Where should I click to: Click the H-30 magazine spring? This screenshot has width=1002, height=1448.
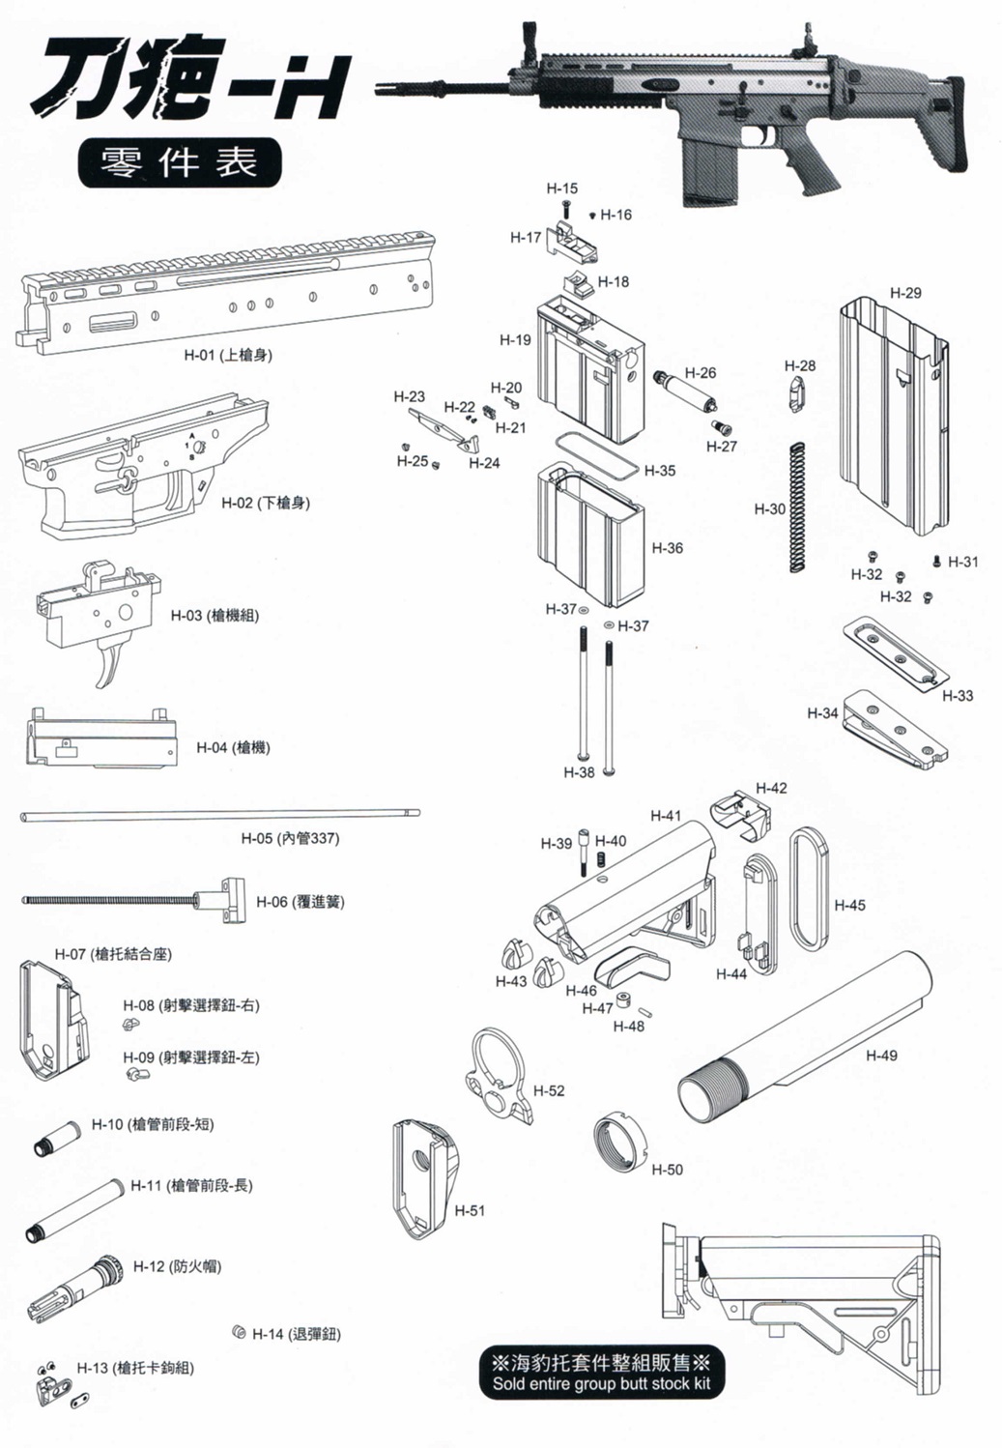(x=797, y=507)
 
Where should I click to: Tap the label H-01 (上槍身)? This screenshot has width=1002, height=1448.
(x=228, y=354)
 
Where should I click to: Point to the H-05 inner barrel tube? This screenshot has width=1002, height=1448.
(x=219, y=816)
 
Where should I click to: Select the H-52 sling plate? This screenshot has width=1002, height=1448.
(x=500, y=1075)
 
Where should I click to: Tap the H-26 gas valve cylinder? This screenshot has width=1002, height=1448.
(x=686, y=391)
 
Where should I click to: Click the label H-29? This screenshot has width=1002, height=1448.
(x=905, y=293)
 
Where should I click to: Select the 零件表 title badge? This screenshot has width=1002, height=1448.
(x=180, y=162)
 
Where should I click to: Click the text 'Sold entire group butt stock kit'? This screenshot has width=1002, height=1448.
(x=601, y=1383)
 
